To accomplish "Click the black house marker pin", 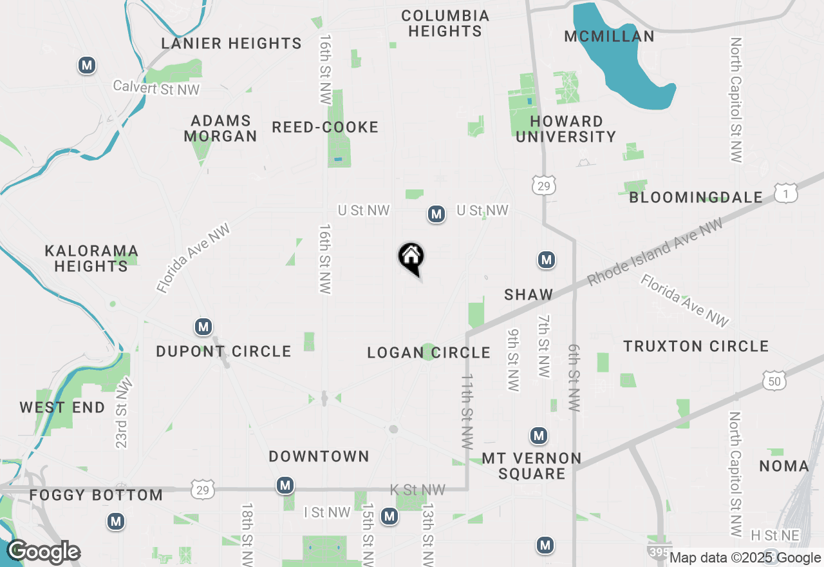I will click(411, 258).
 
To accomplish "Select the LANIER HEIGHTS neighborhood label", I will click(231, 44).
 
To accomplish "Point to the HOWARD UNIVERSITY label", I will click(566, 129).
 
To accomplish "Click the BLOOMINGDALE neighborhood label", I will click(696, 198).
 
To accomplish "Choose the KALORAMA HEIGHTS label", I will click(91, 258).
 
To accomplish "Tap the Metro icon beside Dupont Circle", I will click(203, 327).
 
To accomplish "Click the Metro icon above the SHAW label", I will click(547, 260).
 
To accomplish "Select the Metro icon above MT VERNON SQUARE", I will click(539, 436).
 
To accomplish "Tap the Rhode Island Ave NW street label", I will click(655, 252).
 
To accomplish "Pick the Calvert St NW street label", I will click(156, 88).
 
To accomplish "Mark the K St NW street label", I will click(417, 490).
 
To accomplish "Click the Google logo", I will click(43, 552).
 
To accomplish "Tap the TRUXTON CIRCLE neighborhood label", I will click(696, 347).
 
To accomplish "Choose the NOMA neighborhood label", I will click(784, 466).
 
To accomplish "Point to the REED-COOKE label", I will click(325, 127).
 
